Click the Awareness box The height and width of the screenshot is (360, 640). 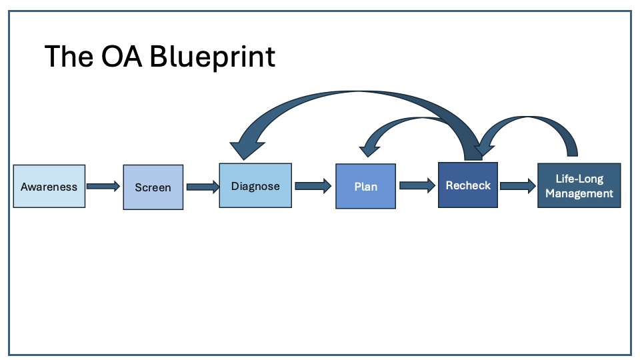coord(49,186)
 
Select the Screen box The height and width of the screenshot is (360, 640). coord(153,187)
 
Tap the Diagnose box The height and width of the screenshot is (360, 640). coord(255,185)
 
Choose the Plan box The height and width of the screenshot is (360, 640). coord(366,186)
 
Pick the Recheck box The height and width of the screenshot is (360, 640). coord(468,185)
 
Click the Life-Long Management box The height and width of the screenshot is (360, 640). coord(579,185)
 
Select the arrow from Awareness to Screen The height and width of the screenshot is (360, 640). coord(103,186)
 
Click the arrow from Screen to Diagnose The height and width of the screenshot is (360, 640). coord(203,187)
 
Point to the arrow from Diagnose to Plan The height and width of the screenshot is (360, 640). coord(313,186)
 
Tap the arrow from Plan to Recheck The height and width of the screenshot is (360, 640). coord(417,185)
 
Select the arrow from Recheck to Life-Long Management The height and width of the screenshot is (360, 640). coord(518,186)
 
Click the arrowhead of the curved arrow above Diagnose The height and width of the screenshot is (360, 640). coord(247,150)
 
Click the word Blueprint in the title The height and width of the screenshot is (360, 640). coord(212,57)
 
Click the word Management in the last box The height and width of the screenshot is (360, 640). coord(579,193)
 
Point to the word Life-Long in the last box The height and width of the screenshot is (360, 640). coord(579,179)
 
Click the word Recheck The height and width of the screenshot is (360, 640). coord(468,185)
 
